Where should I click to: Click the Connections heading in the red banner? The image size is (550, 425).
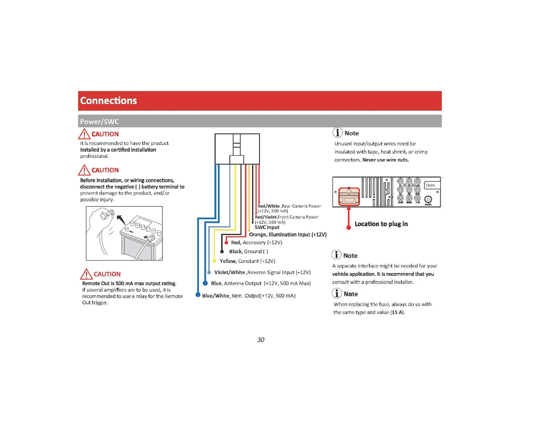click(x=108, y=101)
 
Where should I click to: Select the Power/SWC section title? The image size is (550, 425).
click(x=99, y=121)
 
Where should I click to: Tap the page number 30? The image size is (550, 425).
click(x=261, y=340)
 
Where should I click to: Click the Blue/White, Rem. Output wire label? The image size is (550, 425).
click(x=249, y=296)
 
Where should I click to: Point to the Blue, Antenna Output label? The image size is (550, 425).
click(x=260, y=283)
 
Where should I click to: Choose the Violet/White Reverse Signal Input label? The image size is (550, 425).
click(x=262, y=272)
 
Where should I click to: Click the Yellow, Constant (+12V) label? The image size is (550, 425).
click(x=247, y=261)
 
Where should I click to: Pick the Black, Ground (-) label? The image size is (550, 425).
click(x=248, y=252)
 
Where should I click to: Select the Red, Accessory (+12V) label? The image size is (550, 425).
click(x=256, y=243)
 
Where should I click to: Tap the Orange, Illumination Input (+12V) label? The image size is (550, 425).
click(x=287, y=235)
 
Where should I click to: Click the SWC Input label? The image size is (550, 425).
click(x=267, y=227)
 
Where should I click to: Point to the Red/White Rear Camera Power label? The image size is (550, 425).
click(x=289, y=208)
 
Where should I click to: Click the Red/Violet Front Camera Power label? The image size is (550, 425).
click(x=286, y=219)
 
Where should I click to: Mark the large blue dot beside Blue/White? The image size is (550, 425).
click(x=198, y=295)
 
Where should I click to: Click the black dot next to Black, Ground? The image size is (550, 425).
click(x=222, y=252)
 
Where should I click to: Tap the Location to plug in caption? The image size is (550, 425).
click(x=381, y=224)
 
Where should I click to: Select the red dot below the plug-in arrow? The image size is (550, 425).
click(x=349, y=227)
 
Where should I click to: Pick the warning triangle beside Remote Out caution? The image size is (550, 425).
click(x=86, y=274)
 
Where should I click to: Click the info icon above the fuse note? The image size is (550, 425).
click(x=336, y=294)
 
